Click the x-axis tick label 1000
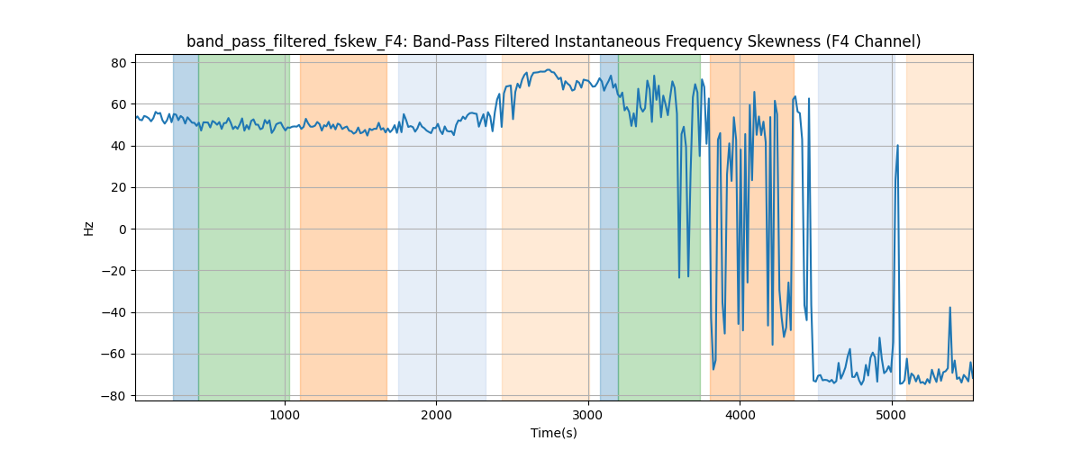285,415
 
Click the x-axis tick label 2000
436,415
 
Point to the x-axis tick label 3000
587,415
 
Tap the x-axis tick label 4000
740,415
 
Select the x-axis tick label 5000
891,415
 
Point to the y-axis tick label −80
116,396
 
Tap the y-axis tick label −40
116,312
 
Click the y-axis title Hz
89,229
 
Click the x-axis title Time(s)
554,433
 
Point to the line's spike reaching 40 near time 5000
897,146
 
